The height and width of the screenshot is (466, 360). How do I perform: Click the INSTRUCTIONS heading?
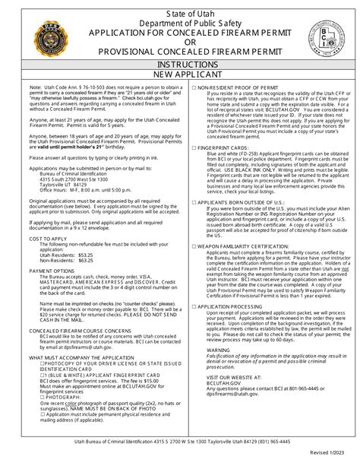(180, 66)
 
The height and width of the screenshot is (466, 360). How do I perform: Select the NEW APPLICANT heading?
(180, 77)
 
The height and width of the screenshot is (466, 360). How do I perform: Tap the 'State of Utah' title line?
(180, 8)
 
